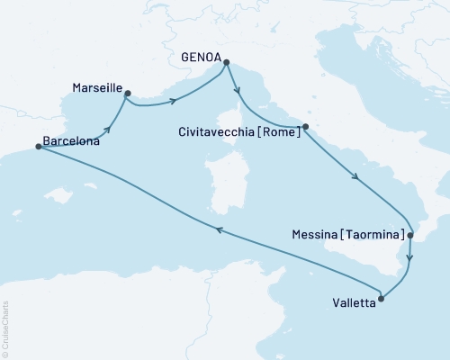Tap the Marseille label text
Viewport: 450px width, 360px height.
(94, 88)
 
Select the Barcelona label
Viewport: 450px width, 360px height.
(70, 140)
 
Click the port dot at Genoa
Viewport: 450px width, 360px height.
(226, 62)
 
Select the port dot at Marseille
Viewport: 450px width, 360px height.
(128, 93)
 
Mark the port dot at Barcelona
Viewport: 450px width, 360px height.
(38, 147)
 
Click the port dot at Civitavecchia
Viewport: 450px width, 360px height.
(306, 127)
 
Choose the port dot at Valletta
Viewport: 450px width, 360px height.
(382, 298)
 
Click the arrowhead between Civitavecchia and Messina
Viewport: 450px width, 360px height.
(357, 178)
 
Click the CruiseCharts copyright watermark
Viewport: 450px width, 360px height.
(4, 328)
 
